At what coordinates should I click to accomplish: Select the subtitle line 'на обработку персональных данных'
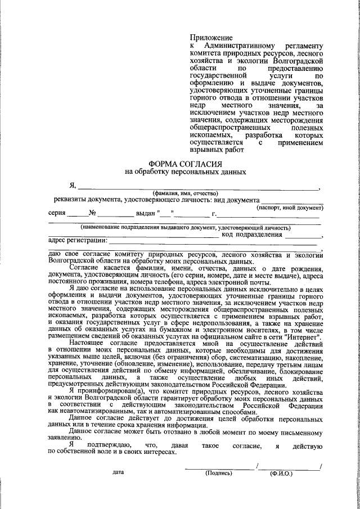[x=185, y=171]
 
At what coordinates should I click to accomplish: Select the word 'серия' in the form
[x=57, y=214]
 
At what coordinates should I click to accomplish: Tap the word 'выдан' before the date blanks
[x=145, y=214]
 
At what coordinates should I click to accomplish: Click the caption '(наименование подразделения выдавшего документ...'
[x=185, y=228]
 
